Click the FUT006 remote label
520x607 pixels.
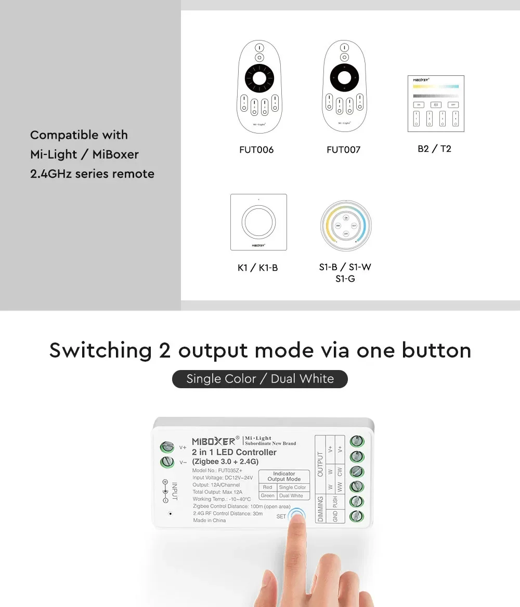coord(256,150)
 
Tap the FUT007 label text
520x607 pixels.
coord(343,150)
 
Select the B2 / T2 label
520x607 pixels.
coord(434,149)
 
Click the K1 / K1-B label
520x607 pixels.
coord(257,268)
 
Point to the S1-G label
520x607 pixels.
coord(345,279)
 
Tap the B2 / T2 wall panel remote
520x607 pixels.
coord(435,103)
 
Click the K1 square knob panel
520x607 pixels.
coord(258,222)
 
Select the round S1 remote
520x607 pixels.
coord(345,225)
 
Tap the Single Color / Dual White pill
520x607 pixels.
coord(260,379)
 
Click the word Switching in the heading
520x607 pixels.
coord(99,350)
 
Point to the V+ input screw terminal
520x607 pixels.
coord(167,447)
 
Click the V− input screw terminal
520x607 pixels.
coord(167,461)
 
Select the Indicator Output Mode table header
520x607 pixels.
coord(284,476)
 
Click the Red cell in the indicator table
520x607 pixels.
coord(267,487)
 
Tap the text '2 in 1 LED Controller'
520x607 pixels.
coord(234,452)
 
